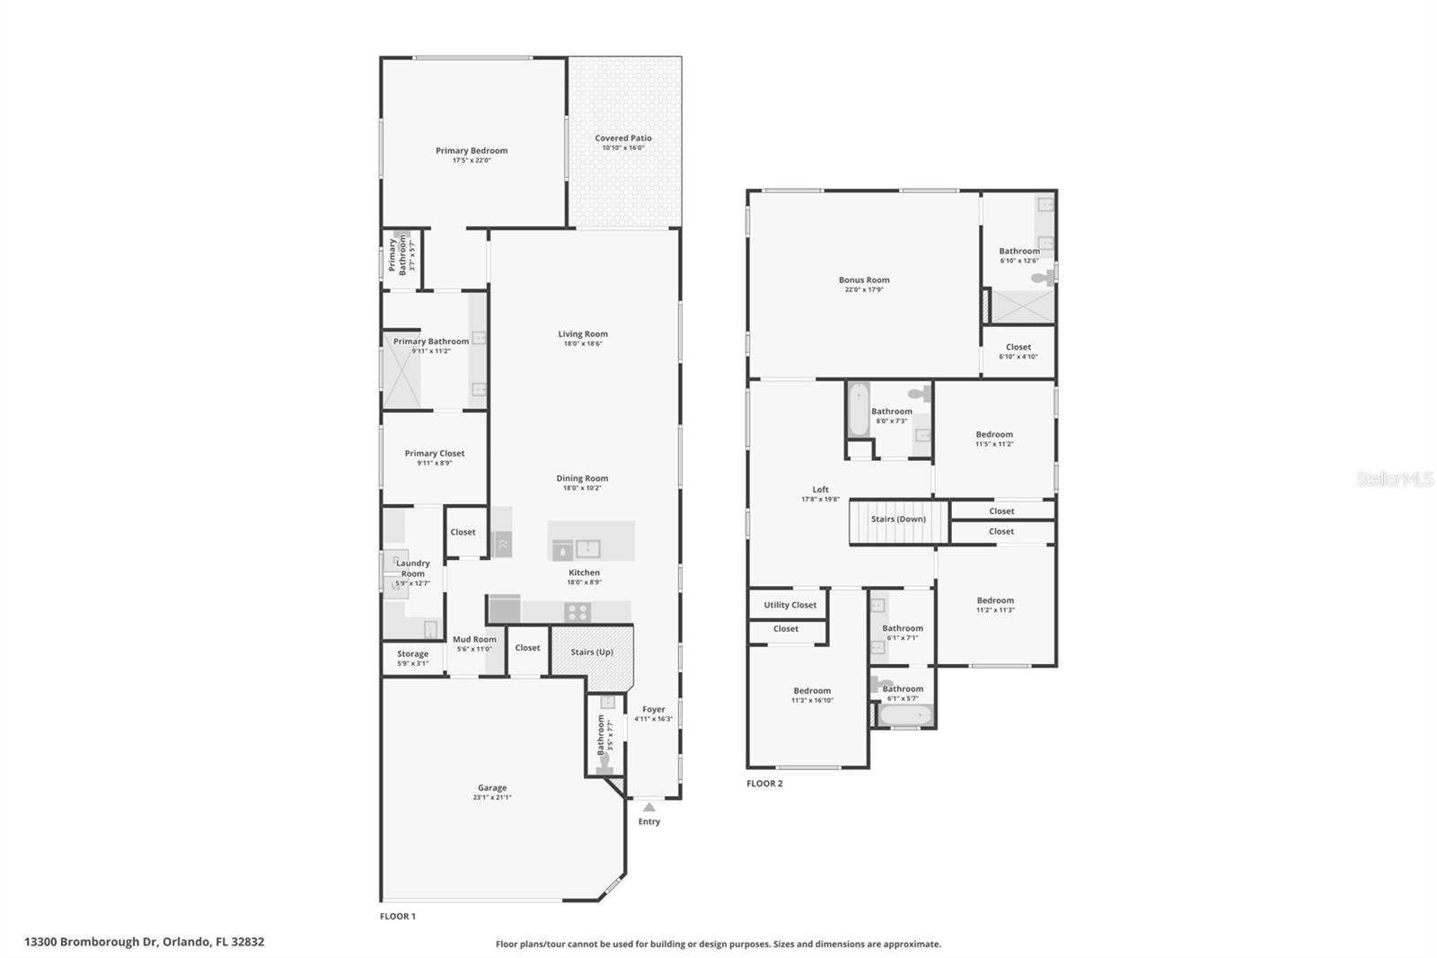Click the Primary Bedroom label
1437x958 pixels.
tap(472, 151)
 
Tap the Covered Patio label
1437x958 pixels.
tap(623, 138)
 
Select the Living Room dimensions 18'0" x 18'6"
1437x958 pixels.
tap(583, 343)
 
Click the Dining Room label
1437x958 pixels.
tap(582, 478)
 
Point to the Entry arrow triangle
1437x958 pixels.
tap(648, 807)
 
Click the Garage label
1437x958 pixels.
tap(492, 788)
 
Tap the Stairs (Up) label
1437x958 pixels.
tap(592, 652)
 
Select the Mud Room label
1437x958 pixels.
tap(474, 639)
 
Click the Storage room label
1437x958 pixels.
tap(412, 654)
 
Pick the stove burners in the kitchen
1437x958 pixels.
tap(577, 613)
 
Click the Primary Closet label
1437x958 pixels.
tap(435, 454)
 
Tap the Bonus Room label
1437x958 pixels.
tap(864, 279)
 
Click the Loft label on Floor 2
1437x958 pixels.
tap(820, 490)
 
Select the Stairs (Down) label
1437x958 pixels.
tap(898, 519)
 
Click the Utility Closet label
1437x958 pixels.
tap(790, 605)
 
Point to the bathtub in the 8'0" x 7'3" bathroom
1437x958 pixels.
tap(859, 410)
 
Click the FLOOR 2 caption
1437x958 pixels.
tap(764, 784)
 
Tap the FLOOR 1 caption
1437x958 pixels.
tap(398, 917)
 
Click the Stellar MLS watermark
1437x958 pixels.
tap(1394, 480)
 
